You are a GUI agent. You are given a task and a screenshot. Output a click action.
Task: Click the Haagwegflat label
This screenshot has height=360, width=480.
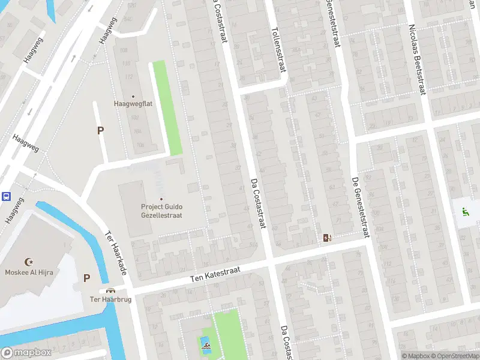[133, 103]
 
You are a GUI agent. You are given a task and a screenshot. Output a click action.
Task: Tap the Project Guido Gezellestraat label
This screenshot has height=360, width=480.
[161, 211]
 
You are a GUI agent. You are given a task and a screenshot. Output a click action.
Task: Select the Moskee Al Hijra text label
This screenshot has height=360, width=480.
[28, 271]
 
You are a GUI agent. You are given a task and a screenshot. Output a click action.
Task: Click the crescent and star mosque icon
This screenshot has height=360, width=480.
[28, 261]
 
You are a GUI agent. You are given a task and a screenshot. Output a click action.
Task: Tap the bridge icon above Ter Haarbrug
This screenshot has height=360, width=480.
[110, 290]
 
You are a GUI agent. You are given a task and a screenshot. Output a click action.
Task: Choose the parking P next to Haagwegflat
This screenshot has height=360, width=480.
[100, 130]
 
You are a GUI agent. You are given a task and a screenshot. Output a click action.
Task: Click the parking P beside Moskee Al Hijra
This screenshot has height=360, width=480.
[86, 278]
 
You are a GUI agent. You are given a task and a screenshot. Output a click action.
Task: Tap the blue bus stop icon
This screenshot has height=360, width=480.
[6, 196]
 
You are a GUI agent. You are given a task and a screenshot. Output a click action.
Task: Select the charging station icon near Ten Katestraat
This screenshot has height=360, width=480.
[326, 238]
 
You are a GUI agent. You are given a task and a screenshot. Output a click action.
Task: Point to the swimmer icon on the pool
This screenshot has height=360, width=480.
[205, 346]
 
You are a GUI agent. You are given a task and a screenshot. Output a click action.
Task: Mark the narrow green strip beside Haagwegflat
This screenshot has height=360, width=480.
[167, 108]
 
